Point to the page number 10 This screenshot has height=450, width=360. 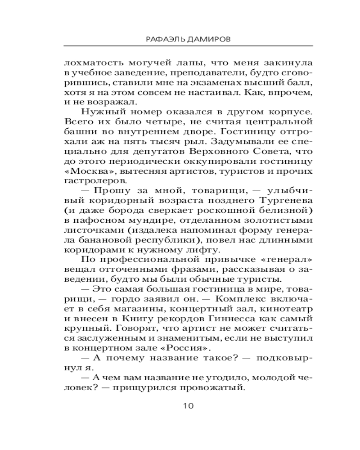[188, 405]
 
